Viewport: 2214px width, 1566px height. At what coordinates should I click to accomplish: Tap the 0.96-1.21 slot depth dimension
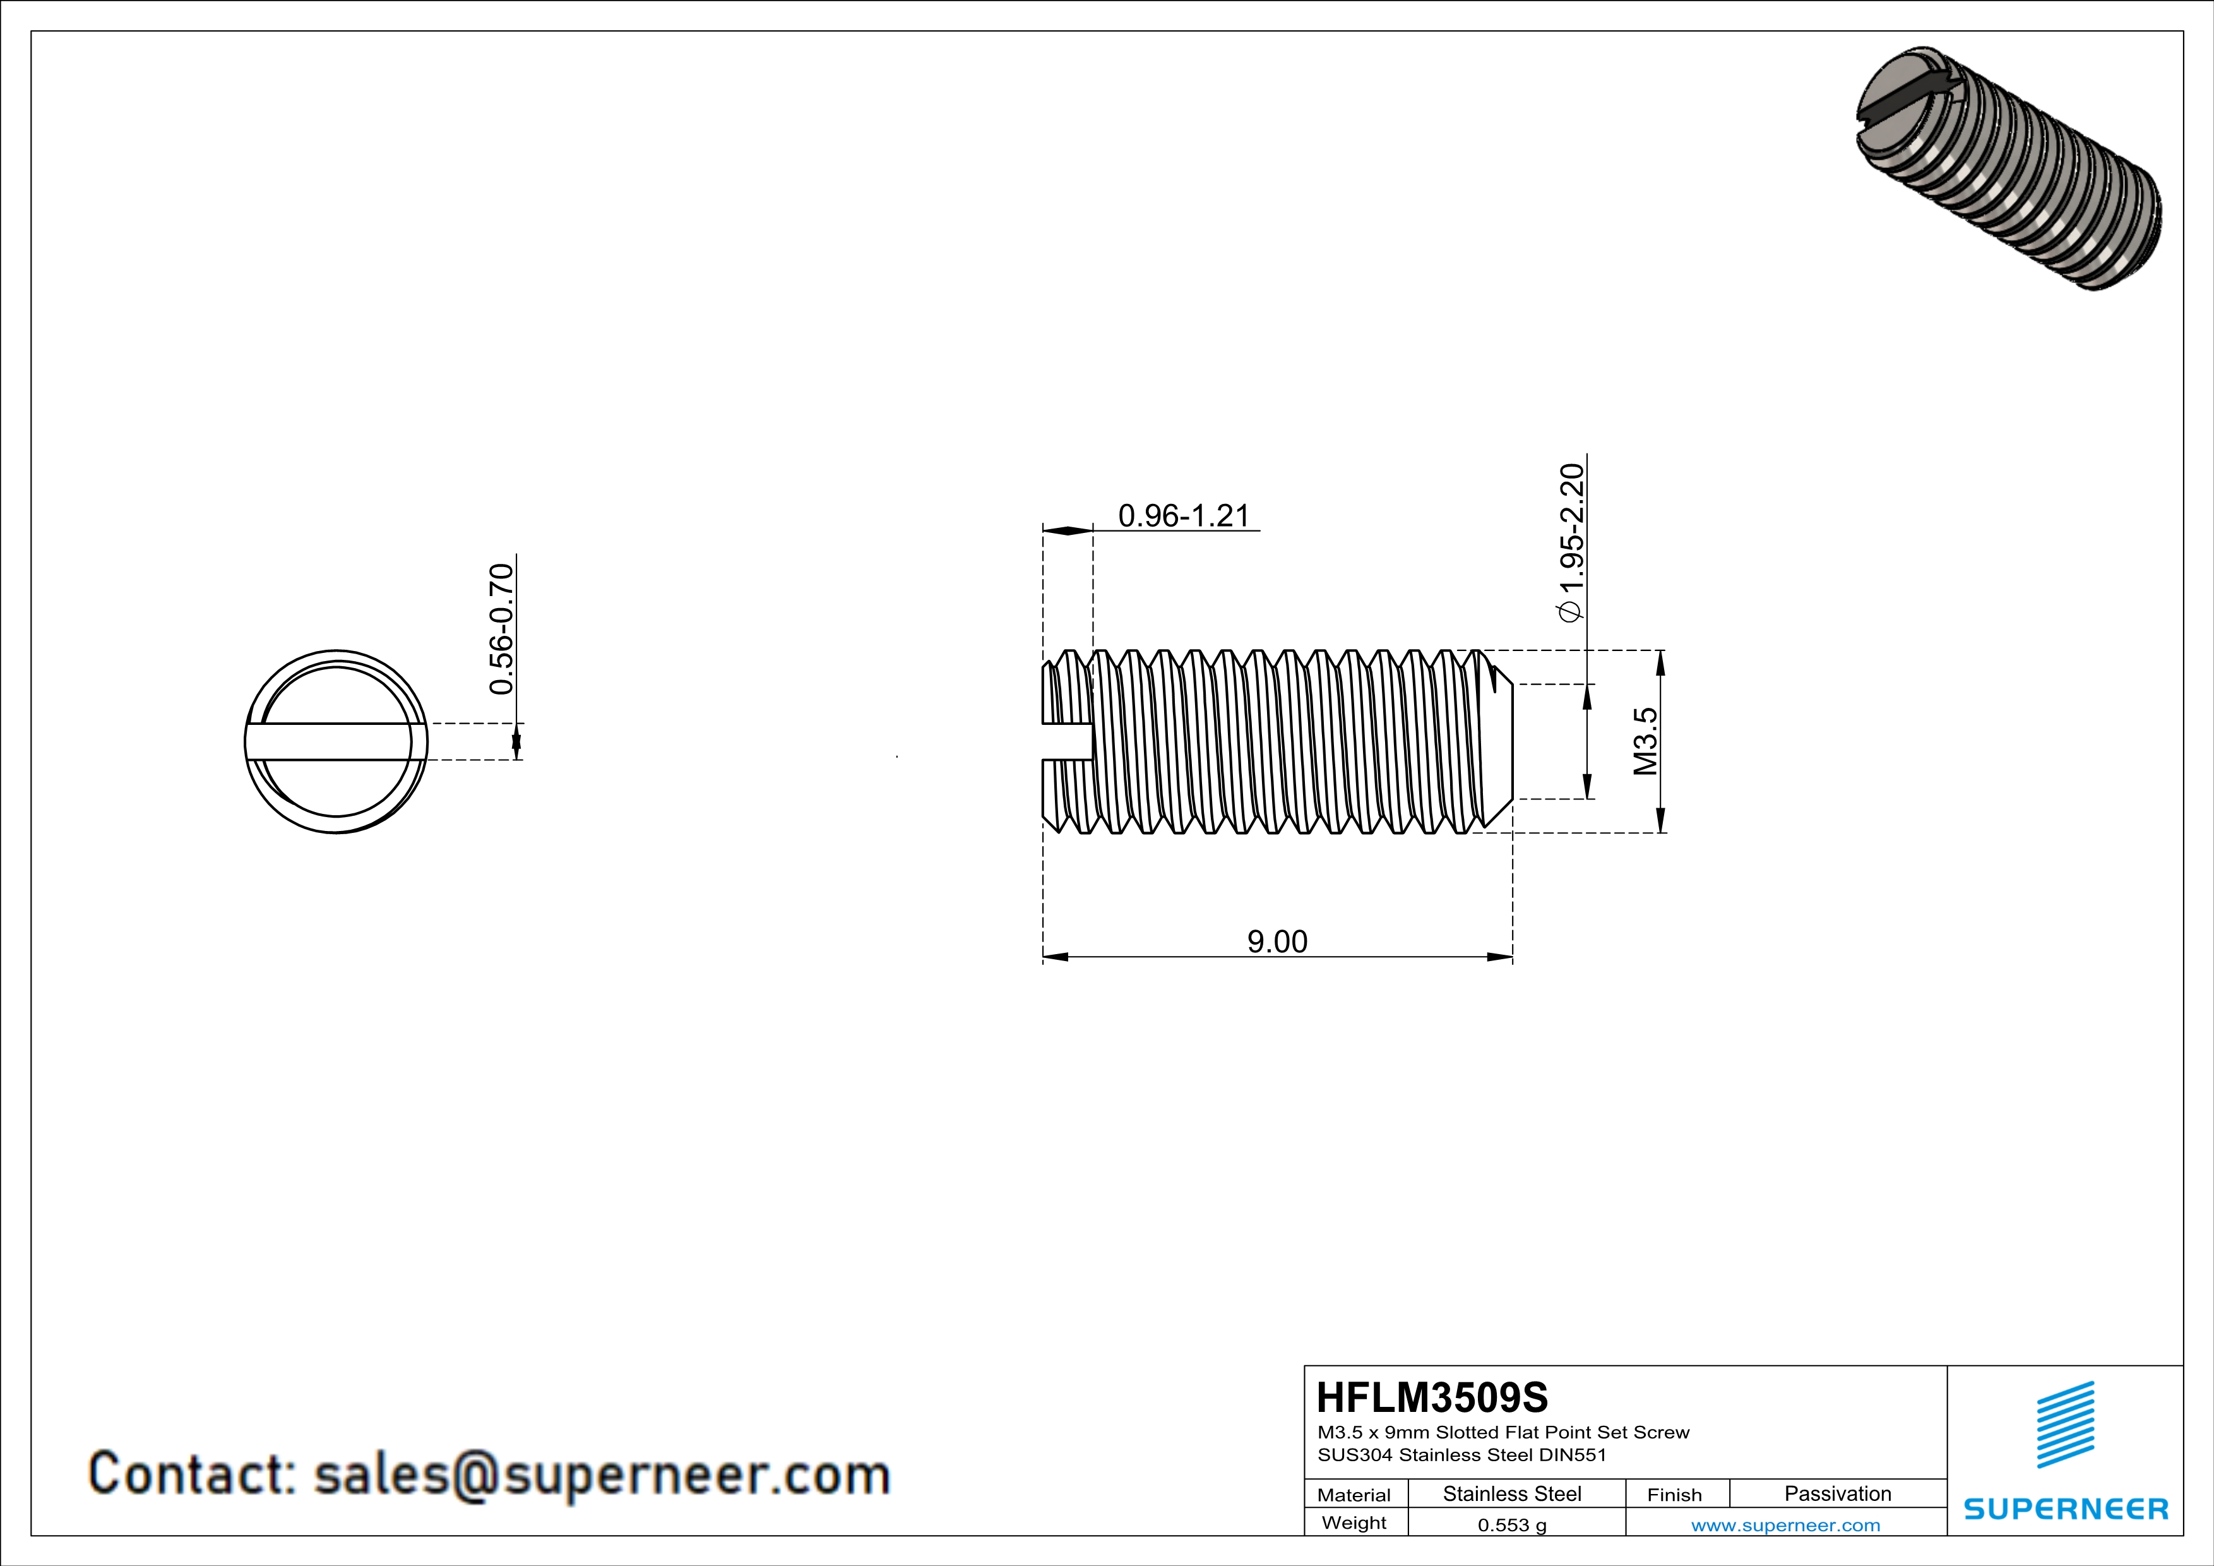1183,516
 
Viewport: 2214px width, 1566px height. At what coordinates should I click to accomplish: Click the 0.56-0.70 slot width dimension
501,629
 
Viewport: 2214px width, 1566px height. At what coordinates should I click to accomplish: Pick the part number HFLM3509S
1432,1397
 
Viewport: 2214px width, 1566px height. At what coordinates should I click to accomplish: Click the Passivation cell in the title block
1837,1493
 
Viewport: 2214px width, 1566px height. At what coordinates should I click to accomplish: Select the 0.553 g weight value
1512,1524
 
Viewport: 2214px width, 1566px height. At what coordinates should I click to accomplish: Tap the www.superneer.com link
1785,1524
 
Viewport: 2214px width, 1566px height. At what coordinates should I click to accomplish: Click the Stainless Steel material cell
1512,1493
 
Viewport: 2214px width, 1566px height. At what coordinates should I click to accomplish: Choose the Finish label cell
1674,1495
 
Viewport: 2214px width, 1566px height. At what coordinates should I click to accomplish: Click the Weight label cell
1354,1522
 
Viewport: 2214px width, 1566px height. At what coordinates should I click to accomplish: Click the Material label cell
1354,1495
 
